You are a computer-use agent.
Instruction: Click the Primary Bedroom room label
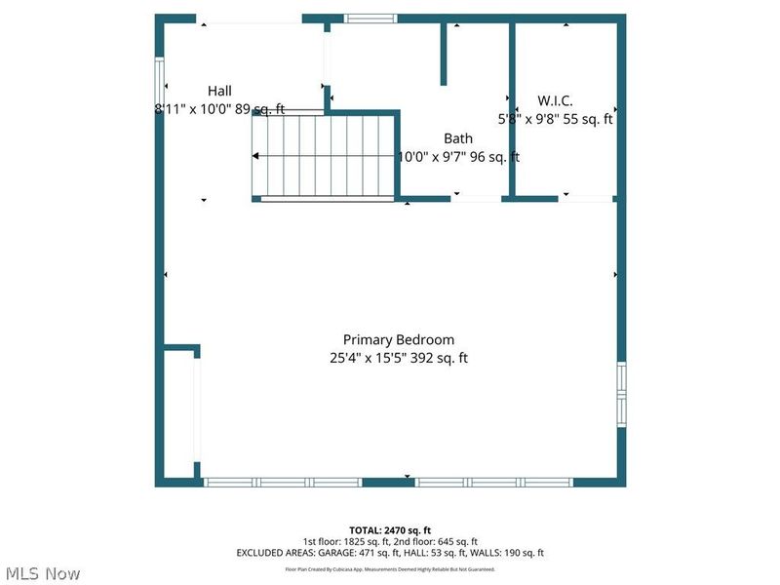(x=398, y=339)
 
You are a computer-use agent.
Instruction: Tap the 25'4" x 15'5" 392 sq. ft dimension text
(x=398, y=358)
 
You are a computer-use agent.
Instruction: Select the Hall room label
(x=218, y=91)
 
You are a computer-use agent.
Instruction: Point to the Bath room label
(x=458, y=138)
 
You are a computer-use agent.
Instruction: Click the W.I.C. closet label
(x=556, y=100)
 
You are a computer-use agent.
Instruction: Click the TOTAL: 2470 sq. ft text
(x=390, y=529)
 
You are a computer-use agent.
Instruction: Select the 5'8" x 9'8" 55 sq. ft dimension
(x=556, y=119)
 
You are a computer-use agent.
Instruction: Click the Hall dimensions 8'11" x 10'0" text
(x=219, y=109)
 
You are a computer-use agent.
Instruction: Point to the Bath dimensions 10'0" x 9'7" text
(x=458, y=156)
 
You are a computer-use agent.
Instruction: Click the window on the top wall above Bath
(x=371, y=18)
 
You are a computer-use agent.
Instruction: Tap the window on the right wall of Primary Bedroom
(x=620, y=394)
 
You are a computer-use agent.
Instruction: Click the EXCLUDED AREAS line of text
(x=390, y=553)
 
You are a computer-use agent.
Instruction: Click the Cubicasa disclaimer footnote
(x=390, y=568)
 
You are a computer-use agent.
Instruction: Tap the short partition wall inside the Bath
(x=444, y=54)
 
